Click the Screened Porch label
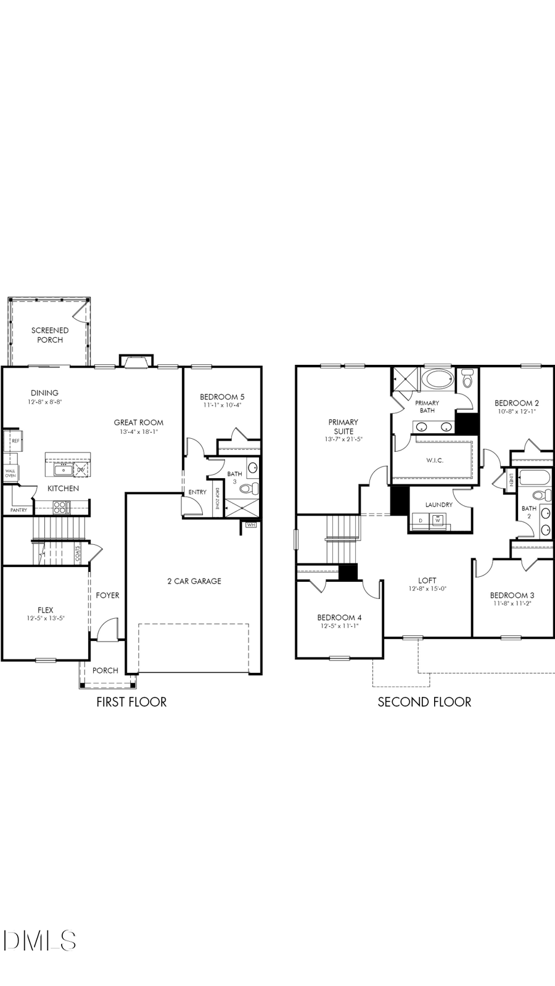tap(50, 335)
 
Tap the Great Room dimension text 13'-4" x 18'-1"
tap(139, 432)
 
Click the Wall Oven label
tap(10, 473)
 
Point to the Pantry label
tap(18, 510)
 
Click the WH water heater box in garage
tap(250, 525)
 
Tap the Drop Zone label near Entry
tap(218, 497)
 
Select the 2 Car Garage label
tap(194, 581)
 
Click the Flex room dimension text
tap(46, 618)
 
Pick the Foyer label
tap(107, 595)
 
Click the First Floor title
tap(131, 702)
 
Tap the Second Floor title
tap(424, 702)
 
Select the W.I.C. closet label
tap(434, 460)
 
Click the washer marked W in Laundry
tap(438, 520)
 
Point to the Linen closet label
tap(512, 479)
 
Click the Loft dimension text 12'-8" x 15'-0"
tap(427, 589)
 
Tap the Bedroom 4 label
tap(339, 617)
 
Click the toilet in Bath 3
tap(249, 489)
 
